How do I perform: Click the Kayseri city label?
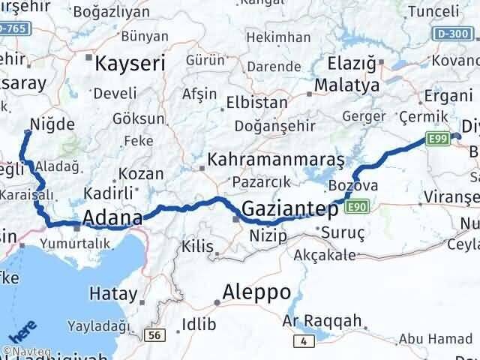[130, 64]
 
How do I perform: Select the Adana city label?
[112, 218]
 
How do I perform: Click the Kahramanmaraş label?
[275, 160]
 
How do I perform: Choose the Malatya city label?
[347, 85]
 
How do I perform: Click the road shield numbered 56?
[154, 335]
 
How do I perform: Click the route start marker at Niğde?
[28, 133]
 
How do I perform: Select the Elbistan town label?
[256, 103]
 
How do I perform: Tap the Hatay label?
[113, 293]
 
